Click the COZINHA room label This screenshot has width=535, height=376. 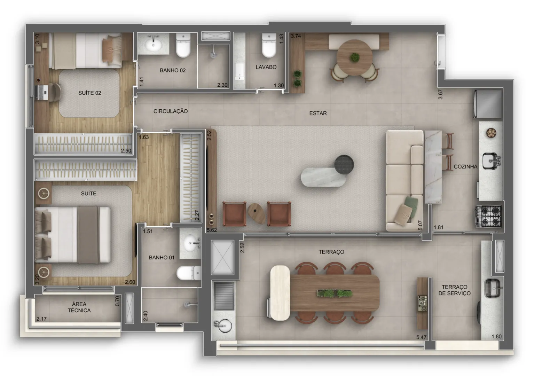(x=465, y=166)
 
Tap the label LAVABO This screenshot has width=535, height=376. (x=266, y=67)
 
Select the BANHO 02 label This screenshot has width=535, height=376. (x=173, y=70)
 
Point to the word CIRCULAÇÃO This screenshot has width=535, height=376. (x=171, y=111)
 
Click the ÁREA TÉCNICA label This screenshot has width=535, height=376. (x=79, y=307)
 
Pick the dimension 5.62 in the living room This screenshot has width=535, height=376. (x=212, y=230)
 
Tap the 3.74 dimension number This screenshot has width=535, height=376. (x=296, y=36)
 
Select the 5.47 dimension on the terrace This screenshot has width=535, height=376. (x=421, y=337)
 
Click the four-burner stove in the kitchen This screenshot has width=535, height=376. (x=489, y=217)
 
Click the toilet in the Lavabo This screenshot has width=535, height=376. (x=269, y=45)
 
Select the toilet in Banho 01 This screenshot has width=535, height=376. (x=189, y=273)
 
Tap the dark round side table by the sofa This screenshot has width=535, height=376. (x=344, y=164)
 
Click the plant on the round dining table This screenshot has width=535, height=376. (x=355, y=57)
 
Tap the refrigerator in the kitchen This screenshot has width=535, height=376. (x=488, y=104)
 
